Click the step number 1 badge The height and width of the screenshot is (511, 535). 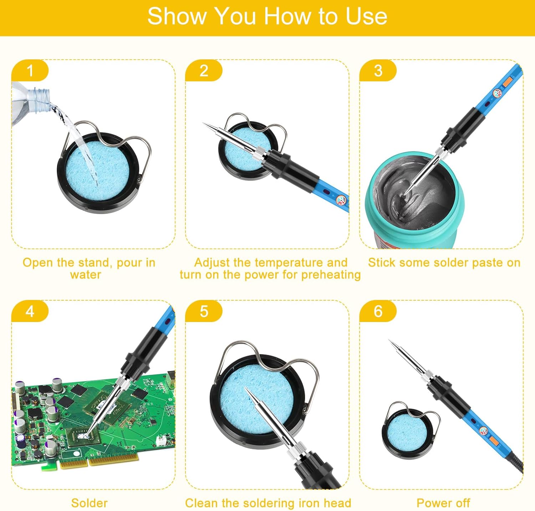[30, 71]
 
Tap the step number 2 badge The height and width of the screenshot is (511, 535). [204, 71]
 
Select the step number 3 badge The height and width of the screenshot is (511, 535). [378, 71]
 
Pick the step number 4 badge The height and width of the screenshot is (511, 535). [30, 311]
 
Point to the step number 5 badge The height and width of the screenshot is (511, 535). [204, 311]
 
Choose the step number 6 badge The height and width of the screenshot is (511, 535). [378, 311]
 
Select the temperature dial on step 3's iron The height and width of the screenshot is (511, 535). [497, 94]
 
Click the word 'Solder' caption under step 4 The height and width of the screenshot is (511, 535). [89, 503]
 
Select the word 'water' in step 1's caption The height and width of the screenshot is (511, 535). [86, 275]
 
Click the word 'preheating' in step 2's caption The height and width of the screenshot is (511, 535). [331, 275]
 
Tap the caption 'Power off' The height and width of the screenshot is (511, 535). [443, 503]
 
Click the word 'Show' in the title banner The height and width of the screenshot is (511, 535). [177, 16]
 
